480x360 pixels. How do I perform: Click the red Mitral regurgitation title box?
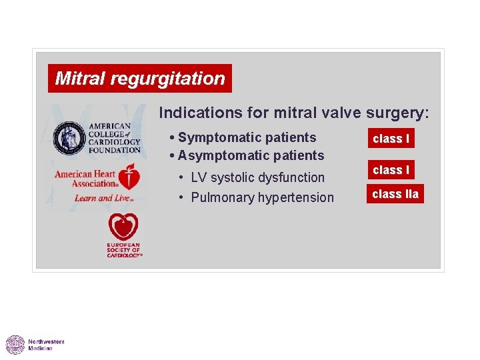point(140,79)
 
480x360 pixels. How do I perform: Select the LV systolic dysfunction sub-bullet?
point(257,178)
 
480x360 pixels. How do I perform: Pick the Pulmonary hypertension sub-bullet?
point(262,198)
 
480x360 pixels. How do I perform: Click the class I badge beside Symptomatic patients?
point(391,139)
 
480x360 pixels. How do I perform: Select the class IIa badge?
point(395,195)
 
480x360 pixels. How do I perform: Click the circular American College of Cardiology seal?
point(69,137)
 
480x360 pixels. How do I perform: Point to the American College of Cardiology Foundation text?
point(114,138)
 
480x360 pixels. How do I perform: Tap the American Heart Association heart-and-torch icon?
point(130,178)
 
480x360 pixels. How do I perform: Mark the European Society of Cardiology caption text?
point(124,251)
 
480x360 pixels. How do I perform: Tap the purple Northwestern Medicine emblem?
point(15,345)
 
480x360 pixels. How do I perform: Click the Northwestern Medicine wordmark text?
point(45,345)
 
